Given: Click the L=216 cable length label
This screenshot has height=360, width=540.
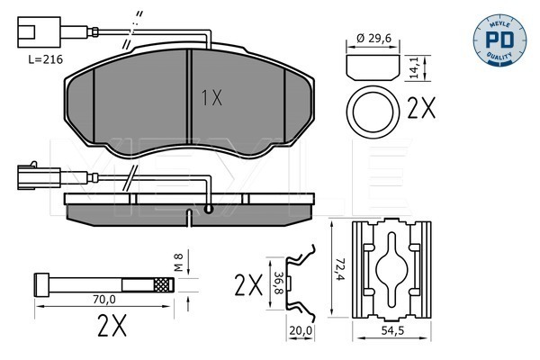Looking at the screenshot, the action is coord(45,59).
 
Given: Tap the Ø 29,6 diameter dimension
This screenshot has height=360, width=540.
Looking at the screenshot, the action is coord(373,38).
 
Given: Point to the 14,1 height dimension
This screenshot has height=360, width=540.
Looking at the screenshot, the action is coord(415,67).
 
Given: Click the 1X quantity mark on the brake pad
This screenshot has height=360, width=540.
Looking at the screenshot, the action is coord(211,98).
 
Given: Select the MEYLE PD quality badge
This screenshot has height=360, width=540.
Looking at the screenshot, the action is coord(499,40).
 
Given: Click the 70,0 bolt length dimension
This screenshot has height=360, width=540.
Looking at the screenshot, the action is coord(104,299).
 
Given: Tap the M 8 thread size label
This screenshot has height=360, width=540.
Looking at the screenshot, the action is coord(178,263).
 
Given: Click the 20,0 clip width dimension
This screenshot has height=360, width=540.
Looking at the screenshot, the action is coord(301,330).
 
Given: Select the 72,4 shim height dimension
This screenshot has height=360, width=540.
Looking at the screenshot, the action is coord(339,269).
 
